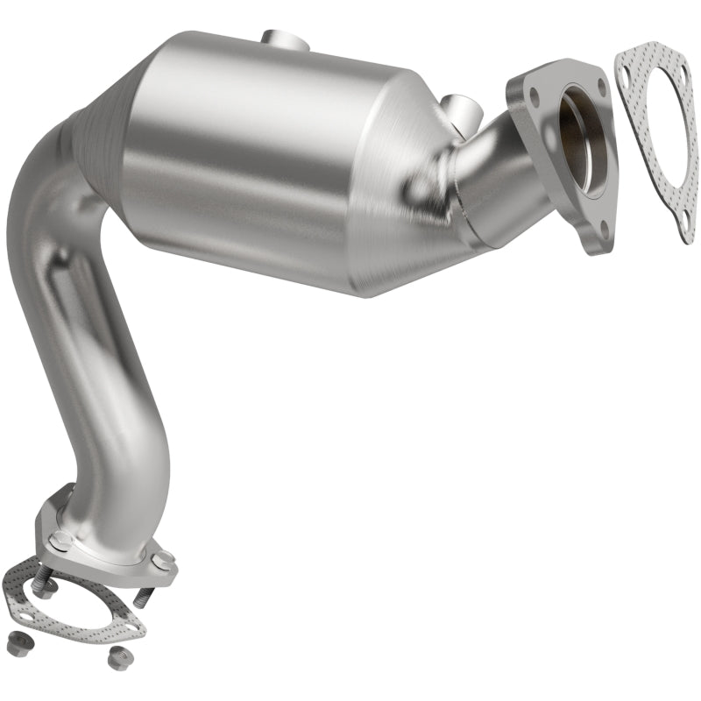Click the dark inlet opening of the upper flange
point(583,131)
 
